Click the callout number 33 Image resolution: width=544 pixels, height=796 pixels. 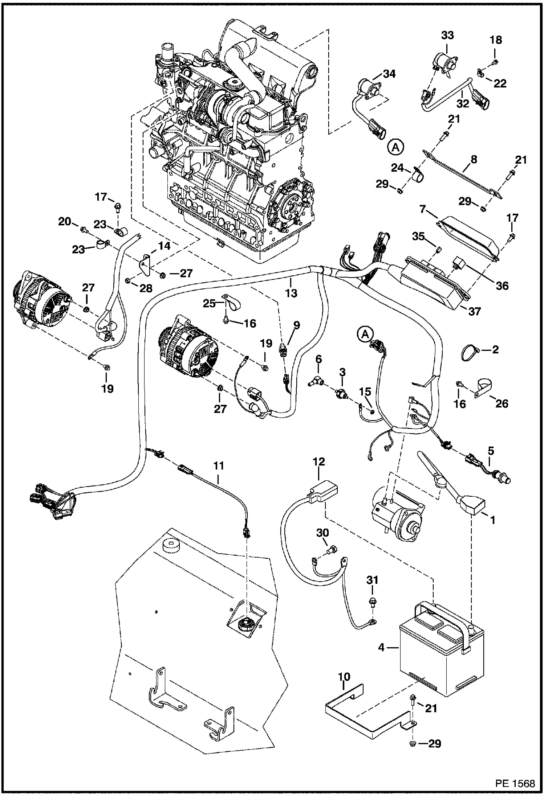click(x=447, y=36)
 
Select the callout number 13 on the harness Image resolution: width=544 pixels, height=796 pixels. click(x=291, y=293)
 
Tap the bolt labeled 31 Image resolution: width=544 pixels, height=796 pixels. click(x=373, y=602)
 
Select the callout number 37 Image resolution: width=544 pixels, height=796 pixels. click(x=474, y=311)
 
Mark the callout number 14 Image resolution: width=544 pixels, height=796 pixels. click(x=164, y=246)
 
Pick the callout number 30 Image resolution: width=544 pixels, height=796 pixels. click(x=322, y=533)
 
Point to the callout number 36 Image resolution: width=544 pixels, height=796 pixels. click(x=503, y=286)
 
